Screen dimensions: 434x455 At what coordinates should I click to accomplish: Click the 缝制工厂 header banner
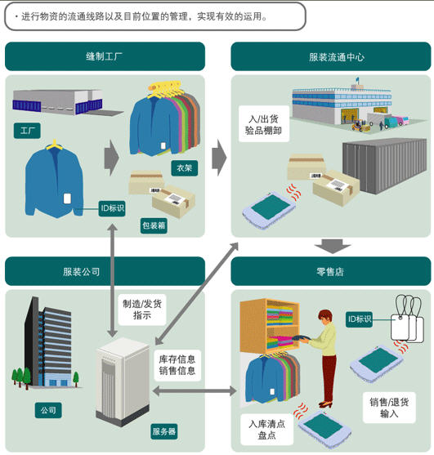pyautogui.click(x=105, y=56)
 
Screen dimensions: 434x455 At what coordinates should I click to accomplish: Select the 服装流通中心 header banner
pyautogui.click(x=331, y=56)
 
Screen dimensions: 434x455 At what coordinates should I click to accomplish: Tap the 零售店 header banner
pyautogui.click(x=331, y=271)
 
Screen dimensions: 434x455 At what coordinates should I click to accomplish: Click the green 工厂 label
pyautogui.click(x=27, y=131)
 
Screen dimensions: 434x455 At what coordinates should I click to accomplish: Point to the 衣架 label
pyautogui.click(x=185, y=168)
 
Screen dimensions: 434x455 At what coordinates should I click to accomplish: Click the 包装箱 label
pyautogui.click(x=154, y=225)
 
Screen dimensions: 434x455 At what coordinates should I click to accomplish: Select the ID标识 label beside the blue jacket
pyautogui.click(x=112, y=208)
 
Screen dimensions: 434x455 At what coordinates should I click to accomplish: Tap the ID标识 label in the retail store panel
pyautogui.click(x=359, y=319)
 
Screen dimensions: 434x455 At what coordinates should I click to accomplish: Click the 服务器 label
pyautogui.click(x=164, y=431)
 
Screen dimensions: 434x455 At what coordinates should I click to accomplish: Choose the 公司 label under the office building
pyautogui.click(x=48, y=410)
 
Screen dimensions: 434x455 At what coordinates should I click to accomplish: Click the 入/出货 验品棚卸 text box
pyautogui.click(x=264, y=124)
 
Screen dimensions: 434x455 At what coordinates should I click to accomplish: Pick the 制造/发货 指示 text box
pyautogui.click(x=142, y=310)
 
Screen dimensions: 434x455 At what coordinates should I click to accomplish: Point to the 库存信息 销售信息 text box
pyautogui.click(x=177, y=365)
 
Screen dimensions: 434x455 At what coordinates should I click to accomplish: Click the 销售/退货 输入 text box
pyautogui.click(x=389, y=408)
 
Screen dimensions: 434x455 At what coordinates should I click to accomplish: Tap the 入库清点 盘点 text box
pyautogui.click(x=266, y=430)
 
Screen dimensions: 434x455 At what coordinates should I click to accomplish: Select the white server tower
pyautogui.click(x=123, y=382)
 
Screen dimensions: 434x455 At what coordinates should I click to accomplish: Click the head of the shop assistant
pyautogui.click(x=325, y=317)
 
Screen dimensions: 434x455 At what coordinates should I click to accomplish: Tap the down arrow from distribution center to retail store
pyautogui.click(x=333, y=247)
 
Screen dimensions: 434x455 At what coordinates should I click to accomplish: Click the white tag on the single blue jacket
pyautogui.click(x=67, y=199)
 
